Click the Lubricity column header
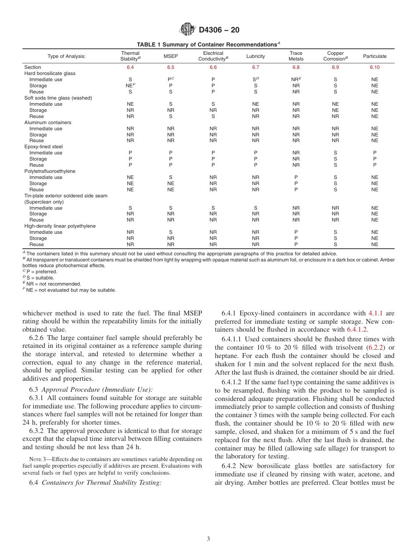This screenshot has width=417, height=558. [x=255, y=56]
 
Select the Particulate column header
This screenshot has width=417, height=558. [x=374, y=56]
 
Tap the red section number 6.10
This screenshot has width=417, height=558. [x=374, y=67]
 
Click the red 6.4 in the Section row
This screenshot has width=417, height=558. [x=130, y=67]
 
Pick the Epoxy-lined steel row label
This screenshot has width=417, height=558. [x=43, y=147]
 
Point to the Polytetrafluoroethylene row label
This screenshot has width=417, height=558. [x=50, y=171]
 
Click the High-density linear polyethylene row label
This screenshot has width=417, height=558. [x=60, y=226]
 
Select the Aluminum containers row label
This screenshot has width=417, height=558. [x=47, y=122]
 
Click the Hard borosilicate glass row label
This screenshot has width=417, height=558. [x=50, y=73]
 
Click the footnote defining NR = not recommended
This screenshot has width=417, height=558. [x=53, y=284]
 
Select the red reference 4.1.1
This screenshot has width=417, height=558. [x=375, y=313]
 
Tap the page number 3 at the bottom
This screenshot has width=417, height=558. [x=208, y=539]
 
